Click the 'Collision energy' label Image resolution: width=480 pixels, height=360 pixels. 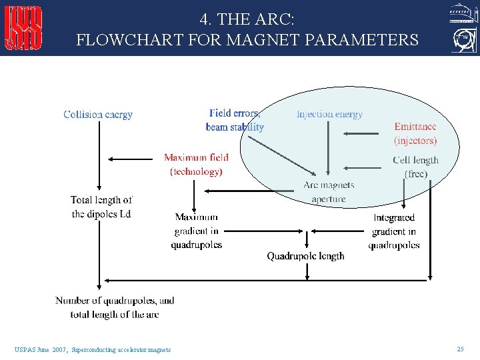[x=98, y=115]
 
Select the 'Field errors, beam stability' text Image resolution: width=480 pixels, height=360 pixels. [x=235, y=120]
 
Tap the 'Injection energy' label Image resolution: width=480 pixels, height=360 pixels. [x=329, y=114]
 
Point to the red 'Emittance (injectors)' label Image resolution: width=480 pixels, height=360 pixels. [x=415, y=133]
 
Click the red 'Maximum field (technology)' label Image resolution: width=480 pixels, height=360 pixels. [x=196, y=165]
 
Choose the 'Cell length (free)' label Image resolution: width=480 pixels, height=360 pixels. [x=415, y=167]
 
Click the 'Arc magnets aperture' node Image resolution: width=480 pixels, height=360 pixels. [x=329, y=191]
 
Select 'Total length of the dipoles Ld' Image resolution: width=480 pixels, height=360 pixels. [x=101, y=207]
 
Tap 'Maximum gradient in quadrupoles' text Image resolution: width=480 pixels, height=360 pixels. [x=196, y=231]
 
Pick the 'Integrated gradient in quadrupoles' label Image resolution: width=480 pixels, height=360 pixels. [x=393, y=231]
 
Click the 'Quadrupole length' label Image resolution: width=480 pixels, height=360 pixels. [x=305, y=256]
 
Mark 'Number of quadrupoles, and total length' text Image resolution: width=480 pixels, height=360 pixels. [x=115, y=307]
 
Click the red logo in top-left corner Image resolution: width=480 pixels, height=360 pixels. [x=23, y=28]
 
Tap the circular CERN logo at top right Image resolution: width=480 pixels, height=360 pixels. [x=463, y=41]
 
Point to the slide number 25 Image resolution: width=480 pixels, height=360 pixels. [x=460, y=349]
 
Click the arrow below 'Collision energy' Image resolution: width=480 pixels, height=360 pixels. [x=99, y=157]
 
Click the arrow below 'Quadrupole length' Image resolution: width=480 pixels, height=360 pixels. [x=307, y=271]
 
